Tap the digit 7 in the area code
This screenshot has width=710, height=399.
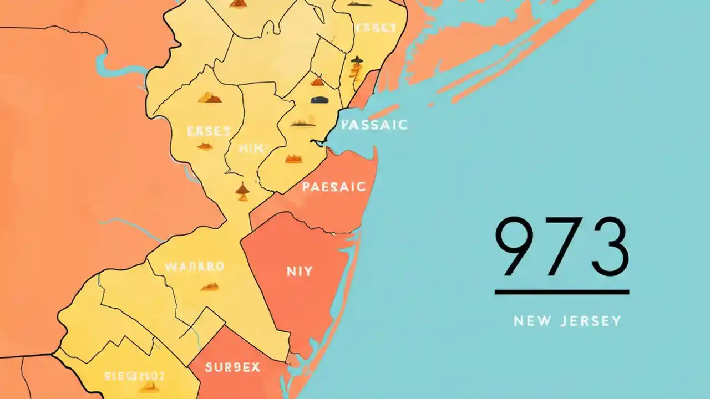pyautogui.click(x=561, y=247)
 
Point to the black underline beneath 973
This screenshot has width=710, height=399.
pyautogui.click(x=561, y=291)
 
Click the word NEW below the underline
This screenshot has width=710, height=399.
pyautogui.click(x=531, y=321)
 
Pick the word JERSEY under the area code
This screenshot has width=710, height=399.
pyautogui.click(x=590, y=321)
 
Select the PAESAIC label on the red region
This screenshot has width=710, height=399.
pyautogui.click(x=334, y=187)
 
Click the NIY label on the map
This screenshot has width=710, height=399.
pyautogui.click(x=300, y=272)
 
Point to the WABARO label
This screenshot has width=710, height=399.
pyautogui.click(x=194, y=266)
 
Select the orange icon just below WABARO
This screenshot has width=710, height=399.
pyautogui.click(x=209, y=287)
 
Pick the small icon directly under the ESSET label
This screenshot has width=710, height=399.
pyautogui.click(x=205, y=146)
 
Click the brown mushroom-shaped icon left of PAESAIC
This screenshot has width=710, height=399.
pyautogui.click(x=242, y=191)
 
